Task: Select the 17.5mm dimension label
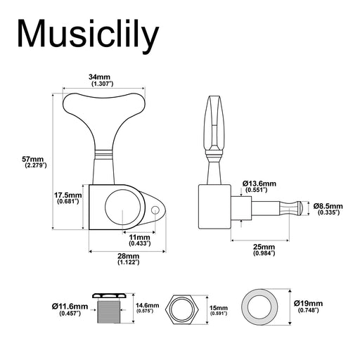click(69, 198)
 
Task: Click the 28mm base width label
click(127, 259)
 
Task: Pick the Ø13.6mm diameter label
click(259, 186)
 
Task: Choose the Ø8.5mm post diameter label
click(327, 207)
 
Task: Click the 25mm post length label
click(264, 250)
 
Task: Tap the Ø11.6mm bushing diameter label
click(69, 309)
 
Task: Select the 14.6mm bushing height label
click(148, 307)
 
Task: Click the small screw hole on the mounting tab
click(156, 210)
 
